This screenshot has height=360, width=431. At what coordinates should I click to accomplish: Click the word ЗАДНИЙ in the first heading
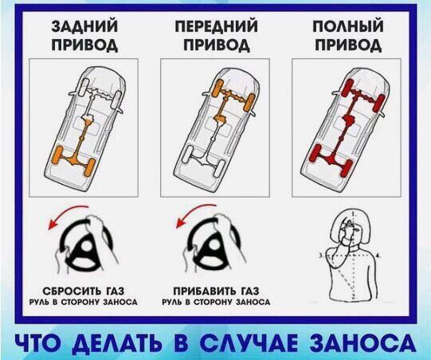pos(85,26)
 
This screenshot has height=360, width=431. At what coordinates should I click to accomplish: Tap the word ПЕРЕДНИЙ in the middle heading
pos(217,26)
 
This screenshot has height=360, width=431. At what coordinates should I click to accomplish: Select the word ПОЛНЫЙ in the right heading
pos(348,26)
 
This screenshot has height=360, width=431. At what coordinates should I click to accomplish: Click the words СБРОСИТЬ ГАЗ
pos(84,291)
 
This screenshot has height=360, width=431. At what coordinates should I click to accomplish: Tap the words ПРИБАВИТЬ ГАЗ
pos(216,291)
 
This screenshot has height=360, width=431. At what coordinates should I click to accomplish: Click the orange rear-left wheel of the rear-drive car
pos(57,155)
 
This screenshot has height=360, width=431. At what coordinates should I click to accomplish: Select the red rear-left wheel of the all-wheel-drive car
pos(315,153)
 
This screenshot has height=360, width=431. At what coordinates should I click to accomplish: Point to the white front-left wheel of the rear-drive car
pos(84,88)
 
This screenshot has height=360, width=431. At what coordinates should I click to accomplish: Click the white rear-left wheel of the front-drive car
pos(188,154)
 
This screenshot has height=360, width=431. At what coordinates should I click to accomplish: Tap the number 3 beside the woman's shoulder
pos(321,256)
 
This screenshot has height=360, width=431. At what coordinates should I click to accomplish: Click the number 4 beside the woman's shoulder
pos(378,256)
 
